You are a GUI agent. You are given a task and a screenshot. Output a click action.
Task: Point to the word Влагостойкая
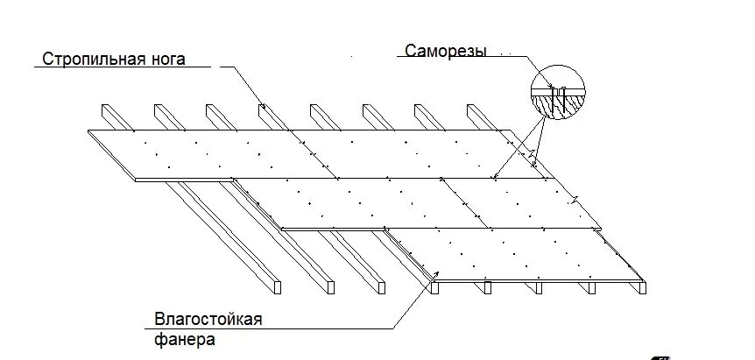coord(208,319)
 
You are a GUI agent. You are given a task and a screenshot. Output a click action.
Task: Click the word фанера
coord(184,337)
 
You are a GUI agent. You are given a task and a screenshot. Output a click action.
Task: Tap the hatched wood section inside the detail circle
coord(559,102)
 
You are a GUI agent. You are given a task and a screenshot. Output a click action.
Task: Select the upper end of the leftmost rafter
coord(109,110)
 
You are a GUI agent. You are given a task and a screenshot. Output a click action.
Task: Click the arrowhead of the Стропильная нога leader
coord(263,109)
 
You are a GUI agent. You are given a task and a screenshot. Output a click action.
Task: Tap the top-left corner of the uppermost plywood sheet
coord(88,131)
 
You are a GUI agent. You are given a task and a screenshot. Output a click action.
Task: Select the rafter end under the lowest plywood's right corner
coord(643,286)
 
